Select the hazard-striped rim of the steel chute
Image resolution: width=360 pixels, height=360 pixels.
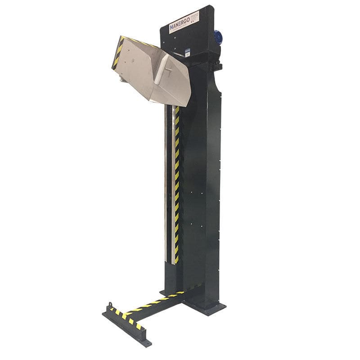118,52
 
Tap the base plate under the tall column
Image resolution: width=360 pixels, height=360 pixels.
205,308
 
